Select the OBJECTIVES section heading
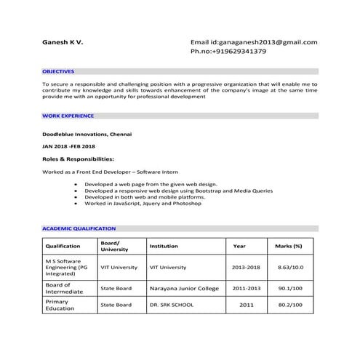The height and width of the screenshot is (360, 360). pyautogui.click(x=58, y=72)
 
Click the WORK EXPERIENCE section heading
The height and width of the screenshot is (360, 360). pyautogui.click(x=68, y=116)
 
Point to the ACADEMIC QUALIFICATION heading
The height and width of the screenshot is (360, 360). pyautogui.click(x=79, y=228)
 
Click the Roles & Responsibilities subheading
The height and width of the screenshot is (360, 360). pyautogui.click(x=78, y=158)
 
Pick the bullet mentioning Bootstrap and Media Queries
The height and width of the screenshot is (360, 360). pyautogui.click(x=178, y=191)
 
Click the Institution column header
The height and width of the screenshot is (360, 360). pyautogui.click(x=164, y=246)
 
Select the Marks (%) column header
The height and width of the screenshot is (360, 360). pyautogui.click(x=289, y=246)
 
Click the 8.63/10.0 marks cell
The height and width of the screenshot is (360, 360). pyautogui.click(x=289, y=267)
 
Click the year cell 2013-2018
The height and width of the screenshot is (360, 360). pyautogui.click(x=246, y=267)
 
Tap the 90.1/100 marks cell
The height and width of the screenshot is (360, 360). pyautogui.click(x=291, y=288)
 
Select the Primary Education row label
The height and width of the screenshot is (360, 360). pyautogui.click(x=60, y=305)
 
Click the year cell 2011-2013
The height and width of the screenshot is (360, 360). pyautogui.click(x=246, y=288)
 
